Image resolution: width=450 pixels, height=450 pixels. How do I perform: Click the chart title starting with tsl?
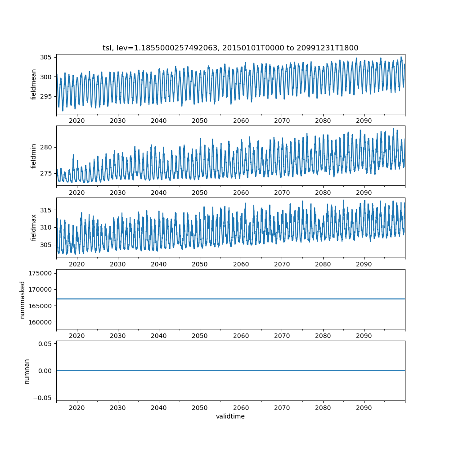tap(230, 48)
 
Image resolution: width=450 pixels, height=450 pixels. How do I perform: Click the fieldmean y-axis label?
tap(34, 84)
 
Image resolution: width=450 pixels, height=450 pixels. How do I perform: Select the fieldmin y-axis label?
tap(34, 156)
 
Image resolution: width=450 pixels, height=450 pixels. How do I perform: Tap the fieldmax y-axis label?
tap(34, 228)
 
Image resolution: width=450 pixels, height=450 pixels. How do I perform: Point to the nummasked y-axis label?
tap(22, 300)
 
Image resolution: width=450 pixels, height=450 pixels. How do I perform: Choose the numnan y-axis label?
tap(27, 371)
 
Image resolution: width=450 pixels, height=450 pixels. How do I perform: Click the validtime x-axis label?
tap(230, 416)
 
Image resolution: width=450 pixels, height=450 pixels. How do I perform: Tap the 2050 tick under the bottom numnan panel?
tap(200, 407)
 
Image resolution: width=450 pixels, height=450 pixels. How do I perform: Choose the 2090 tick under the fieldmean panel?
tap(364, 121)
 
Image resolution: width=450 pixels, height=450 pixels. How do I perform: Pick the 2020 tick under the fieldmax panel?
tap(77, 264)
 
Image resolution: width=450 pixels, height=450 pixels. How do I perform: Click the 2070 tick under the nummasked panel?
tap(282, 336)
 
